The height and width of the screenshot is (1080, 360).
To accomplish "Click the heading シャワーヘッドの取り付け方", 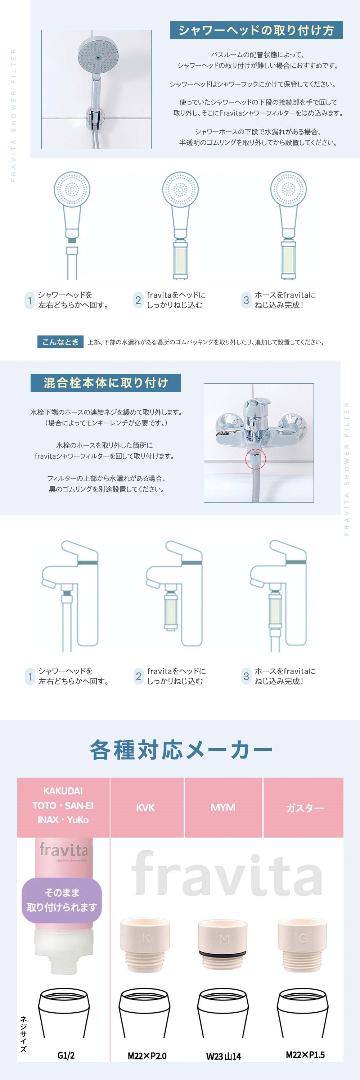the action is tap(256, 30).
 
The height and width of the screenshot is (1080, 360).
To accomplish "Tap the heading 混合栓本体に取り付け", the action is tap(105, 382).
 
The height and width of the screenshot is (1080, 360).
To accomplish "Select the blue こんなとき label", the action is tap(60, 342).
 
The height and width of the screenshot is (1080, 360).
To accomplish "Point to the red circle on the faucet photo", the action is tap(255, 458).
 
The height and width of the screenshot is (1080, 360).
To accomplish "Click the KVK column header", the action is tap(145, 807).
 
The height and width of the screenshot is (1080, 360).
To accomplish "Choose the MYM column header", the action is tap(223, 807).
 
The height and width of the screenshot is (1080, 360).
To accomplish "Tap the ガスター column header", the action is tap(305, 807).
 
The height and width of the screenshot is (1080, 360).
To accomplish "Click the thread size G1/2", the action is tap(66, 1055).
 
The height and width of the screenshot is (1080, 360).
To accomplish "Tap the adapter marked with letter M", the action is tap(224, 945).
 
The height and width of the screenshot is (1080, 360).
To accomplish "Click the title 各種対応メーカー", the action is tap(181, 750).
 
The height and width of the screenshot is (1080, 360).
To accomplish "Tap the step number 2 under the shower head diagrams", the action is tap(138, 300).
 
